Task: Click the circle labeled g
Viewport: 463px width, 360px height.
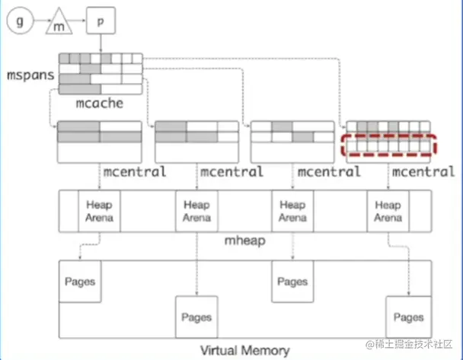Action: [21, 22]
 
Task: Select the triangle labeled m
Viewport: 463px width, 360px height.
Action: [61, 25]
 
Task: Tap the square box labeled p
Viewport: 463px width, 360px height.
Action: [101, 22]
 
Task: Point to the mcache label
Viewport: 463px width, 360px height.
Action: [100, 101]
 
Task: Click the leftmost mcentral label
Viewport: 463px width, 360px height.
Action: [133, 172]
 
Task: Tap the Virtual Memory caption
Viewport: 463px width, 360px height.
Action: [244, 350]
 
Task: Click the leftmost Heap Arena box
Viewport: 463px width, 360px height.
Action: [99, 212]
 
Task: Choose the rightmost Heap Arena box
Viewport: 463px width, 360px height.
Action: [388, 212]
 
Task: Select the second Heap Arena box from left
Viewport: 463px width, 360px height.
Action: [196, 212]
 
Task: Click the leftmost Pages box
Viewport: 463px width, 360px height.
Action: [80, 282]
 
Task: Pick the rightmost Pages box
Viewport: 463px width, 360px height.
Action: [408, 317]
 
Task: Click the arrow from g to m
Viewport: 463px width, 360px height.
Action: [41, 23]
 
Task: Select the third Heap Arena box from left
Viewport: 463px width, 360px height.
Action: [292, 212]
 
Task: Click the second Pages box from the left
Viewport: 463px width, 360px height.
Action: [196, 317]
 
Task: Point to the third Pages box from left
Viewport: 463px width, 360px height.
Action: [292, 282]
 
